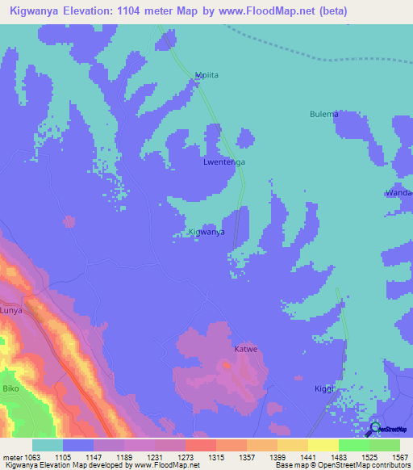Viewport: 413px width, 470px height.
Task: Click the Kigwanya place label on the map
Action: click(206, 232)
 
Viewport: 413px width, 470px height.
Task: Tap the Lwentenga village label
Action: click(223, 162)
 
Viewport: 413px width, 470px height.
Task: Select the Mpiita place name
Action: click(207, 75)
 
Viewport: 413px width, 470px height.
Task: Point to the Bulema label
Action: click(323, 115)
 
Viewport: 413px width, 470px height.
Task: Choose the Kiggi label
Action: click(323, 389)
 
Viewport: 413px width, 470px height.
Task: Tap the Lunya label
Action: click(11, 310)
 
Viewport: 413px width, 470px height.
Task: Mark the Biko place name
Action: click(10, 387)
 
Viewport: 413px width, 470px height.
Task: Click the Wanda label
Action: click(400, 194)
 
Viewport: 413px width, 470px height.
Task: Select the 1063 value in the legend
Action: click(32, 456)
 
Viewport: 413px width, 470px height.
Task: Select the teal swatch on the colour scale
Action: click(47, 445)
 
